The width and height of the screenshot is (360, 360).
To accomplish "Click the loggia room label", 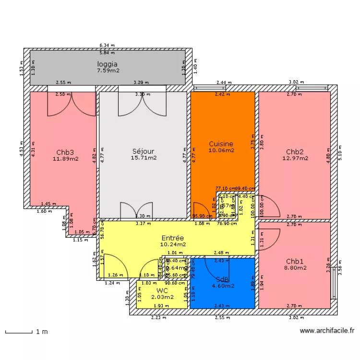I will click(108, 64).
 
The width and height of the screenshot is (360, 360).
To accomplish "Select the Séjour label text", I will click(144, 151).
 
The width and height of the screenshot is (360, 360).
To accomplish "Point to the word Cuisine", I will click(221, 144).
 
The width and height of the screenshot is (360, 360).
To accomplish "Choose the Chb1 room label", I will click(295, 262).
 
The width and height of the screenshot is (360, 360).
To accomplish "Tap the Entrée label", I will click(172, 238).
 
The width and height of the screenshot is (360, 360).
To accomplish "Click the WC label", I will click(161, 291).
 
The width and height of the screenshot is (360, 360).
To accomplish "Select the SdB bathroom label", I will click(222, 279).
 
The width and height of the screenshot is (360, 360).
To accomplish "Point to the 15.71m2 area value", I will click(144, 157).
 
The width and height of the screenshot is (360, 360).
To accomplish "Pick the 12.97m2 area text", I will click(295, 157).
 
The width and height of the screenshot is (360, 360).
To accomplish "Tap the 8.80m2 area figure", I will click(295, 268).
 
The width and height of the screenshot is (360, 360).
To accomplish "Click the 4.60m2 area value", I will click(223, 286).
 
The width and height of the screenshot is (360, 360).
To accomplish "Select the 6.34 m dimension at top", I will click(107, 46).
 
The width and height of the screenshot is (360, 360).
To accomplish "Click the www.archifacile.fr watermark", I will click(326, 330).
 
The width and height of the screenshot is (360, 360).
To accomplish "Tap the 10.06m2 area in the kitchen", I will click(221, 150).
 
